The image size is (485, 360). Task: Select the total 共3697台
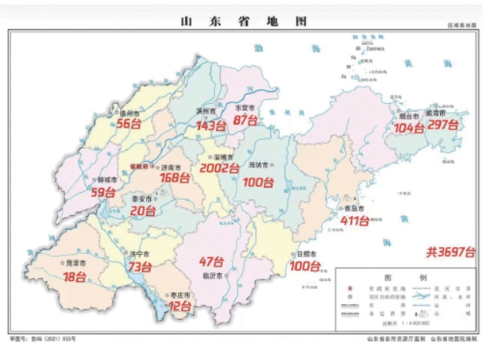tap(449, 251)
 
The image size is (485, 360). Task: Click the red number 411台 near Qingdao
tap(358, 221)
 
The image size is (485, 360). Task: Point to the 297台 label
tap(442, 125)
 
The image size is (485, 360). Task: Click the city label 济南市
tap(170, 167)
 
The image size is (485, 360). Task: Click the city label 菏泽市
tap(76, 264)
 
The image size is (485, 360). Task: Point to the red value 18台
tap(75, 276)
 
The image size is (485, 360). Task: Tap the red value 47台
tap(211, 261)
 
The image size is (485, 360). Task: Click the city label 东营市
tap(246, 108)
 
